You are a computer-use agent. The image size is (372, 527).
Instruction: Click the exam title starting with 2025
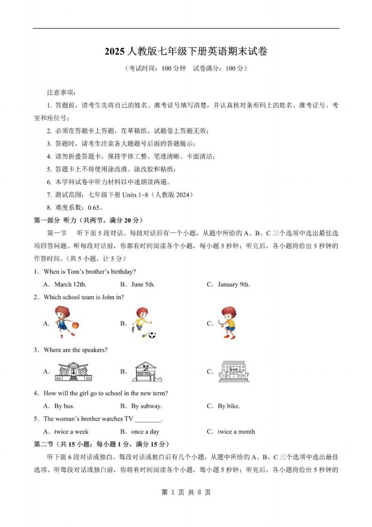[186, 52]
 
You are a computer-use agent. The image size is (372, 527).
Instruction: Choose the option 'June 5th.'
[143, 284]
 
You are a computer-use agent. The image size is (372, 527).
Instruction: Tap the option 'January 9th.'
[234, 284]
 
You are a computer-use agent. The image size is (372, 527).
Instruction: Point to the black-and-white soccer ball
[152, 335]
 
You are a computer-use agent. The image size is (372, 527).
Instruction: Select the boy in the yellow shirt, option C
[228, 322]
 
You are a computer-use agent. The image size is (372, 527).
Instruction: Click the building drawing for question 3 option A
[74, 371]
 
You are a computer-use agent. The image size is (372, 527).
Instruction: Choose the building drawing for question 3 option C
[234, 371]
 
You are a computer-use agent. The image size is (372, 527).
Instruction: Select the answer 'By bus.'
[64, 406]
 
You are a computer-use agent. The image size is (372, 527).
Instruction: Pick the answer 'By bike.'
[228, 406]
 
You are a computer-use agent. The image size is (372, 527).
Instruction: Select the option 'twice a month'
[236, 432]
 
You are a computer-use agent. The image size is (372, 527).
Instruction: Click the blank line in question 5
[148, 419]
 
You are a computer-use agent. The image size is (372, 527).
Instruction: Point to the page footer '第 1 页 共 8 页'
[186, 492]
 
